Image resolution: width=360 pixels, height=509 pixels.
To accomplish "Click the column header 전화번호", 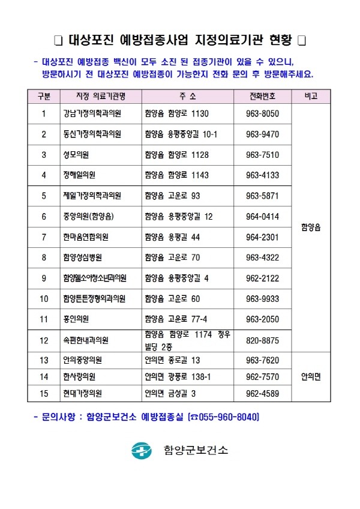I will pos(262,96).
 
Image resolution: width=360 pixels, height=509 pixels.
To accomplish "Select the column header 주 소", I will pos(187,96).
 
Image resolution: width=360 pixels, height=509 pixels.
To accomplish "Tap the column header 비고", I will pos(311,96).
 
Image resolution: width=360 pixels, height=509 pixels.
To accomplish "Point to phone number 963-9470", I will pos(262,134).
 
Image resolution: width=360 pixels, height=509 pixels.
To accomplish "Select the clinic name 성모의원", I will pos(76,155).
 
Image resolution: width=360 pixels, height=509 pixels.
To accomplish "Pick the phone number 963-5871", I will pos(262,196).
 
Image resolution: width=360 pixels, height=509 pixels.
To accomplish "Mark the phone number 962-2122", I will pos(262,278).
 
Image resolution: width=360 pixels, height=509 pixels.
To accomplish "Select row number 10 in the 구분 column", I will pos(44,298).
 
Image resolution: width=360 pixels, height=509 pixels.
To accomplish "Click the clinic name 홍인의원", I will pos(76,319).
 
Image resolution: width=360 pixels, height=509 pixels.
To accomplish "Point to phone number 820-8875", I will pos(262,340).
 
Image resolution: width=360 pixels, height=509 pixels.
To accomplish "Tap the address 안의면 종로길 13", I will pos(172,360).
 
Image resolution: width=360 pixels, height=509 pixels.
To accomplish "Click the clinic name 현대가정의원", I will pos(82,394).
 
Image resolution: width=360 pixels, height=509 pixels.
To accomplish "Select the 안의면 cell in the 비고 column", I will pos(311,377).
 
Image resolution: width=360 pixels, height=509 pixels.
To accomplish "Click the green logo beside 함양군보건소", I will pos(142,450).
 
